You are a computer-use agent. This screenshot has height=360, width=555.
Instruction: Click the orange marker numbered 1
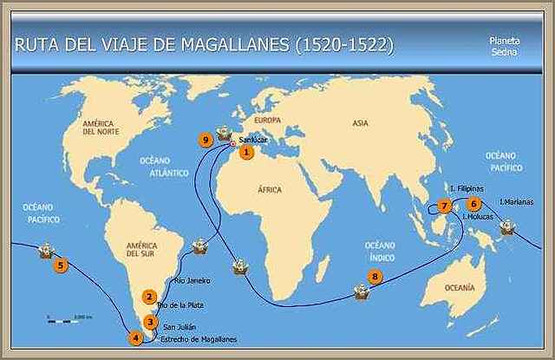coord(246,153)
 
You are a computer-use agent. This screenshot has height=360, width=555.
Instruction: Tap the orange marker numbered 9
coord(206,139)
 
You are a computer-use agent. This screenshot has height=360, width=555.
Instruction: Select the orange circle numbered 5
coord(60,265)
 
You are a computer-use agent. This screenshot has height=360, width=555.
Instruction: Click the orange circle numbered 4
coord(135,338)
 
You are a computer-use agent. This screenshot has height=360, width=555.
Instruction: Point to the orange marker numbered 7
coord(444,206)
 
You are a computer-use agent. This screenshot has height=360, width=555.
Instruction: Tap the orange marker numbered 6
coord(473,203)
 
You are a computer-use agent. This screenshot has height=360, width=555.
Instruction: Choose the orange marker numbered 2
coord(149,297)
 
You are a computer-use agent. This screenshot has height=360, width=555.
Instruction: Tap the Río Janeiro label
coord(192,280)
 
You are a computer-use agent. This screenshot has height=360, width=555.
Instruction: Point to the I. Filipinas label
coord(467,187)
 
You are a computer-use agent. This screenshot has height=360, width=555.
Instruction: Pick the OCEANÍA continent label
coord(459,287)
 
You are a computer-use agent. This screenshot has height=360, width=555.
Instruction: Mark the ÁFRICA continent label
coord(270,188)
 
